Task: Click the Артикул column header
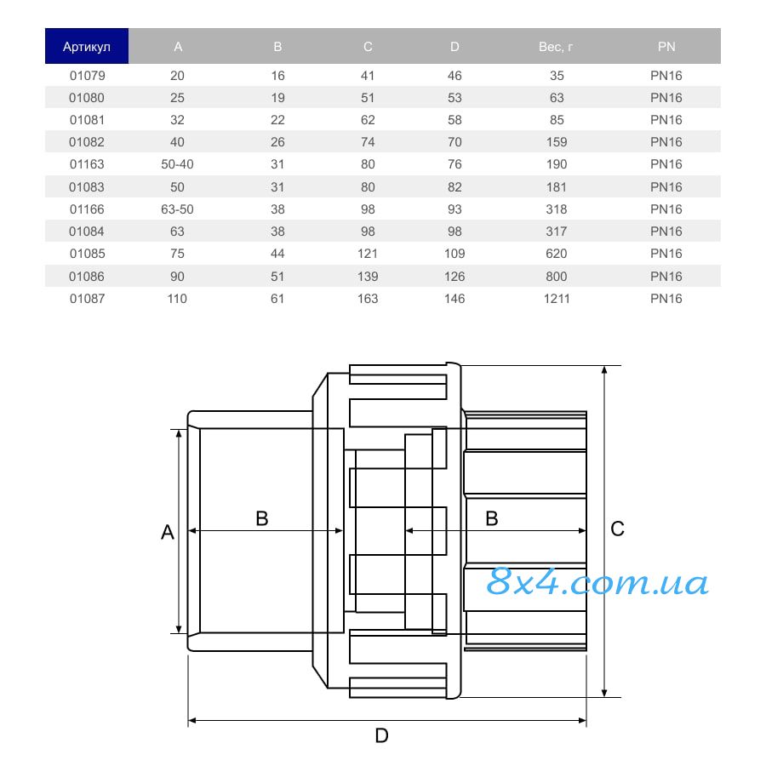pos(87,47)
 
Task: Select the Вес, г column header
pos(556,47)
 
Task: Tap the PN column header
pos(666,47)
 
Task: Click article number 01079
pos(88,76)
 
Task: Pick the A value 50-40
pos(177,164)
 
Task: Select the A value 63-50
pos(177,209)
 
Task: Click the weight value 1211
pos(557,299)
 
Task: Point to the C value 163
pos(368,299)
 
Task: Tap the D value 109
pos(454,254)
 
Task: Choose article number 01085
pos(88,254)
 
